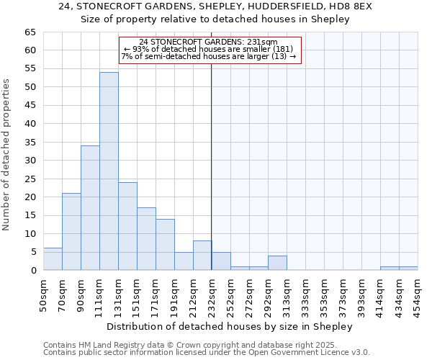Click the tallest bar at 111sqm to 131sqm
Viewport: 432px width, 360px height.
point(109,171)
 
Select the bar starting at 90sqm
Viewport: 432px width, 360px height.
point(90,208)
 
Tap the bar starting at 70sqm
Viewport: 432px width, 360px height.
point(71,232)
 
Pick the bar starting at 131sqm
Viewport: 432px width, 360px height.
point(127,226)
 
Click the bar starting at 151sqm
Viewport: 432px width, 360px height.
point(146,239)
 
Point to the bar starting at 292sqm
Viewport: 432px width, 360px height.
point(277,263)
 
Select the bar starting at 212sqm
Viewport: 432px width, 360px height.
point(202,256)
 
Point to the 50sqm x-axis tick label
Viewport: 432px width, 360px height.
point(43,295)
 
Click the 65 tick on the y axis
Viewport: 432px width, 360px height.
point(30,32)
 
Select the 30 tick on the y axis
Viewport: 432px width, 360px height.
point(30,161)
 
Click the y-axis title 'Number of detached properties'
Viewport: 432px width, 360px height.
point(7,155)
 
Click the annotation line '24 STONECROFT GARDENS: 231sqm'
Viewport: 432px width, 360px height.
point(208,42)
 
